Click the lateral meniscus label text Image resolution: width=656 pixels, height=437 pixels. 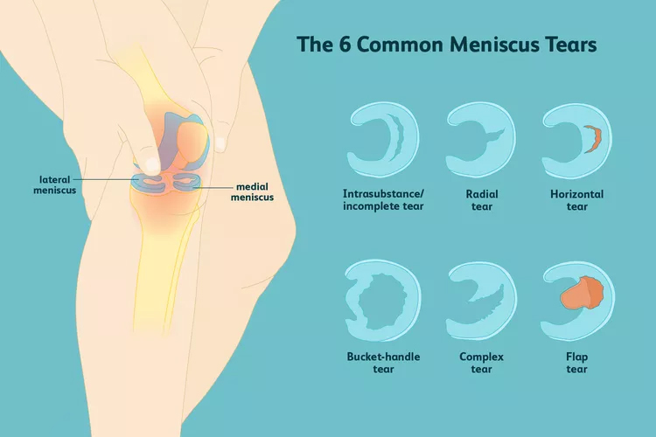pos(54,184)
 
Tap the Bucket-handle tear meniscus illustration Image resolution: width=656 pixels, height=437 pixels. pos(382,299)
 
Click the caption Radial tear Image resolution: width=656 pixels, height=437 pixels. pos(481,201)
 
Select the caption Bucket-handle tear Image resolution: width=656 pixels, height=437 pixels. pos(382,363)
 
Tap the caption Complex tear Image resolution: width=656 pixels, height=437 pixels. pos(481,363)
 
